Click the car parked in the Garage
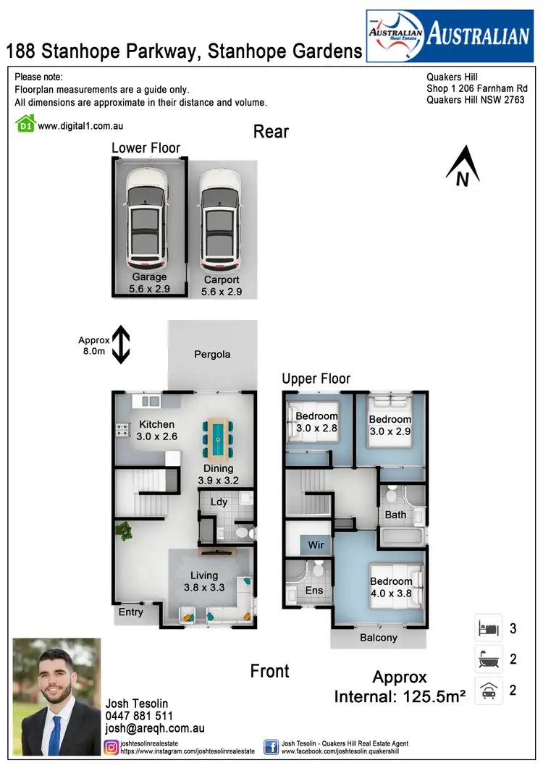point(148,218)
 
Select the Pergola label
point(212,355)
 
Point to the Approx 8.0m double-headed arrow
point(121,344)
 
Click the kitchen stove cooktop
point(121,430)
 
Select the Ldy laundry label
point(219,502)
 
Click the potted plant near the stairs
point(126,532)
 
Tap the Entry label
point(130,612)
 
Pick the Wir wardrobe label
point(316,544)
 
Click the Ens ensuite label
point(313,590)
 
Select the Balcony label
point(378,638)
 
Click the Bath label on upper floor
point(395,515)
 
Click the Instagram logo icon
point(112,746)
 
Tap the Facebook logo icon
point(271,746)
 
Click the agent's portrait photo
point(57,696)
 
